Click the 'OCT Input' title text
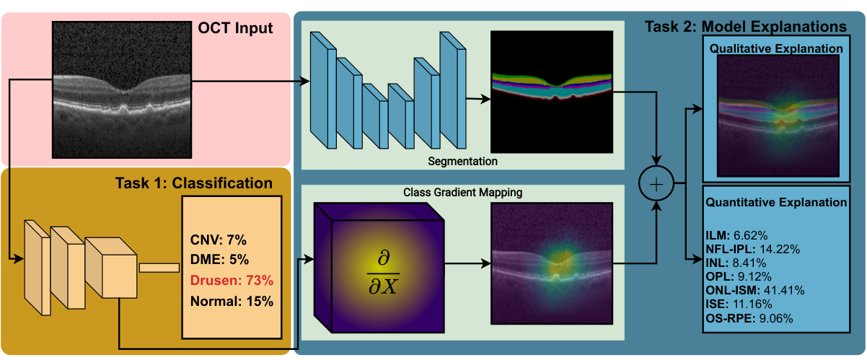point(235,28)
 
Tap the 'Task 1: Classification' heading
point(194,183)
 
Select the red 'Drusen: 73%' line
point(232,280)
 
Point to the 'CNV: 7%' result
point(219,240)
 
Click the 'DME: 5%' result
point(219,259)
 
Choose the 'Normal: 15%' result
point(232,301)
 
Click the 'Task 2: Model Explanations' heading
point(746,26)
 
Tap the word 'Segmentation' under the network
point(462,162)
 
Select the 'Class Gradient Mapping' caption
point(462,193)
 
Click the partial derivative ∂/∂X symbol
point(383,273)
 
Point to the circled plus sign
point(656,183)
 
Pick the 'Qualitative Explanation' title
point(776,48)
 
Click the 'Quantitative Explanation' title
point(776,202)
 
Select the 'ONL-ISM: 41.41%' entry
point(755,290)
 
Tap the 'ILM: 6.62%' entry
point(736,235)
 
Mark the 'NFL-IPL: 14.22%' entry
point(753,249)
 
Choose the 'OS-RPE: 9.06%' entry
point(749,318)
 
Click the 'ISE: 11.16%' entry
point(739,304)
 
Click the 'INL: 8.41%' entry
point(736,263)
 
